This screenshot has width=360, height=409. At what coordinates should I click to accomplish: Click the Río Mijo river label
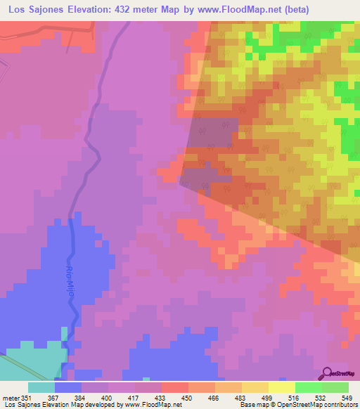coord(70,280)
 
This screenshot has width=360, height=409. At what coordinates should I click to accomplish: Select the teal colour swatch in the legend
coord(41,387)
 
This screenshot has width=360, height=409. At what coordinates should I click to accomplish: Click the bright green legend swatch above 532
coord(309,387)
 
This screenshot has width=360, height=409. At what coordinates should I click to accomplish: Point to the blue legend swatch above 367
coord(68,387)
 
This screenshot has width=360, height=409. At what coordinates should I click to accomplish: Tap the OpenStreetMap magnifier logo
coord(328,372)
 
